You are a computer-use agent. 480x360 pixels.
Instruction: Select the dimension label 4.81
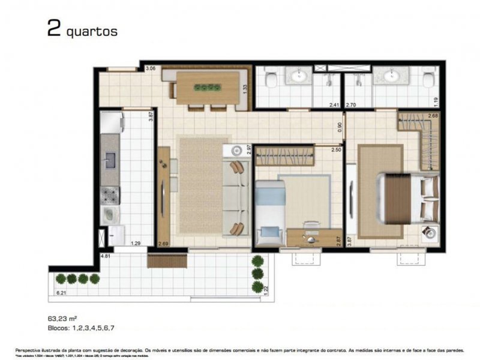[106, 256]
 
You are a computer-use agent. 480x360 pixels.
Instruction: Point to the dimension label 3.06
[152, 69]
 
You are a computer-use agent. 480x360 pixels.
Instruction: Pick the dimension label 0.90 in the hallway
[340, 127]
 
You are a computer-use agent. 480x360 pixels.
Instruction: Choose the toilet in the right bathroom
[428, 80]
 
